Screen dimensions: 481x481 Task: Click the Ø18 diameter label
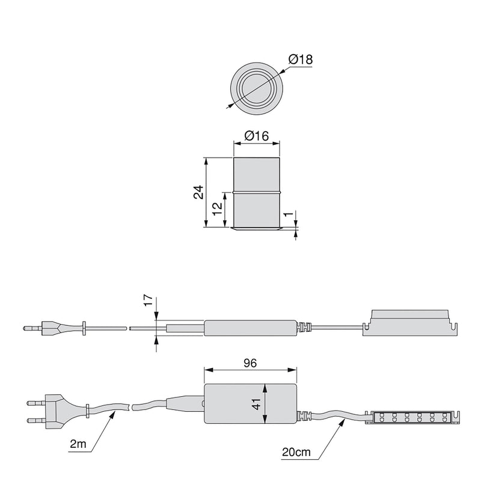pyautogui.click(x=301, y=60)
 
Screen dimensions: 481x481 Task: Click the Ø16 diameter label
pyautogui.click(x=257, y=136)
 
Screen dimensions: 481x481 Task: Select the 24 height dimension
pyautogui.click(x=198, y=192)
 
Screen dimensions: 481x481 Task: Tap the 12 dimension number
pyautogui.click(x=217, y=209)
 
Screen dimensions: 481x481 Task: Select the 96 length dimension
pyautogui.click(x=250, y=364)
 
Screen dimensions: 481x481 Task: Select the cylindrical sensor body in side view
pyautogui.click(x=257, y=192)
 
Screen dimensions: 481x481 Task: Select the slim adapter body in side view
pyautogui.click(x=250, y=329)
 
